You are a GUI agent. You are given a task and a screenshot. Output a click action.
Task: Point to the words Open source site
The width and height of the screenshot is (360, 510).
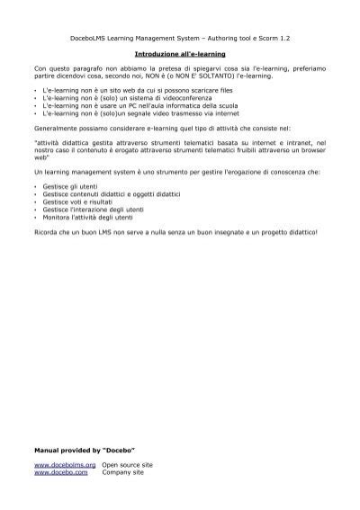pos(127,464)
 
